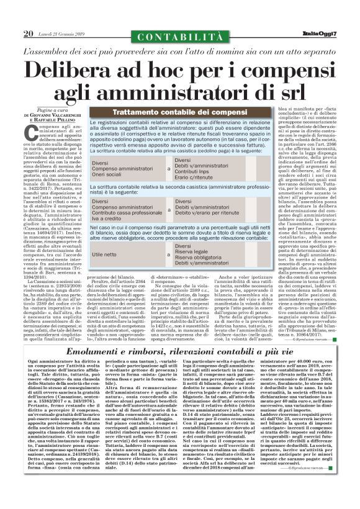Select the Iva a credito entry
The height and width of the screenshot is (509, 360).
(x=109, y=218)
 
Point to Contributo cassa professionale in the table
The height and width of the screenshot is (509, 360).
(x=128, y=212)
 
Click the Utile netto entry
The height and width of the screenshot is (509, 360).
(x=105, y=254)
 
